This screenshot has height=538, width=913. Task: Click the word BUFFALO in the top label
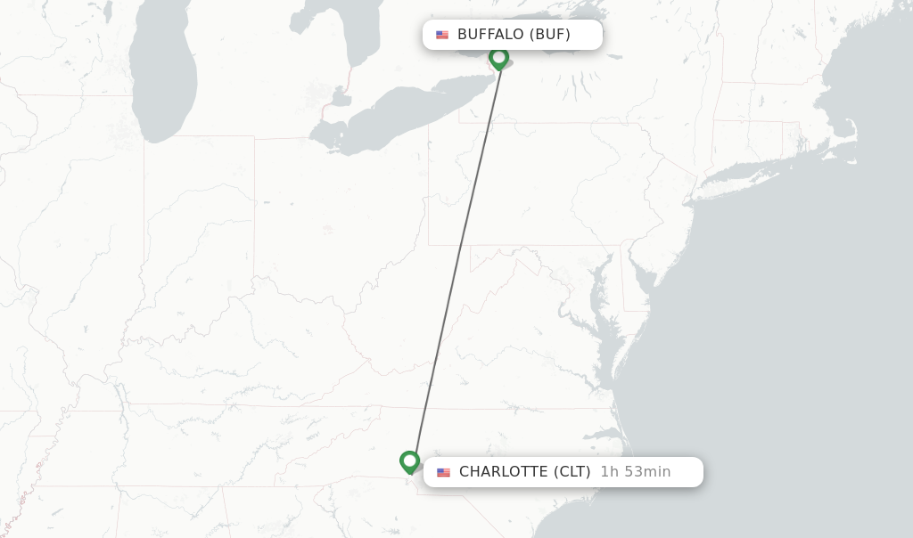490,35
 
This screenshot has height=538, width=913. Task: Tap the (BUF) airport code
550,35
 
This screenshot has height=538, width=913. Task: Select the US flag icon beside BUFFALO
442,35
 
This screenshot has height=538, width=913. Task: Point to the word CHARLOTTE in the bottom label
502,471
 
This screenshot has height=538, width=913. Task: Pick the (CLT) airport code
572,471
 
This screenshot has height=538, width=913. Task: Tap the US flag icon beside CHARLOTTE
443,472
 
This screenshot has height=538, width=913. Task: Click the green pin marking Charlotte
410,461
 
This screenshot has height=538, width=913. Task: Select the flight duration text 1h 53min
635,471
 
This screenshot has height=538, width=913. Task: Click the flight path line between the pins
456,258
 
